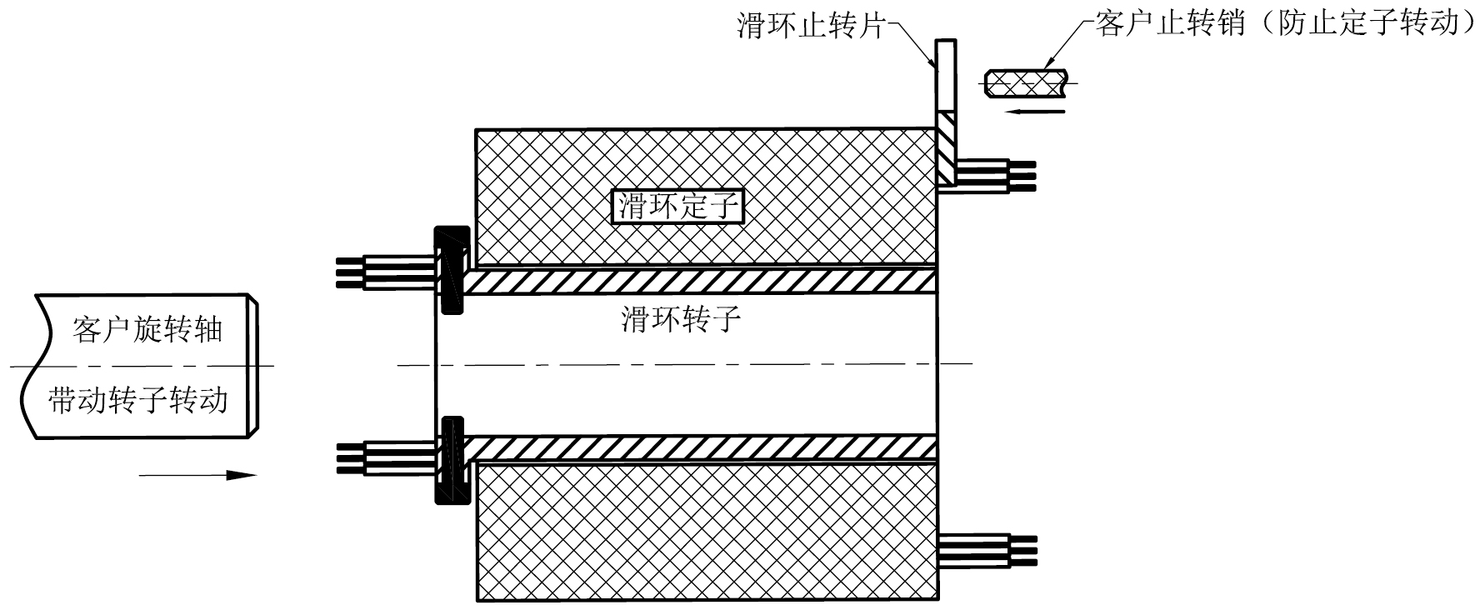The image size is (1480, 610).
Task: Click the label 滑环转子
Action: click(x=681, y=318)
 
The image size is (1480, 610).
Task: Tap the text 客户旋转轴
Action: click(x=147, y=330)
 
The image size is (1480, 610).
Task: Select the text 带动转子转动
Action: click(x=138, y=400)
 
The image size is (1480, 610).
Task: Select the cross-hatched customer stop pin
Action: click(x=1026, y=83)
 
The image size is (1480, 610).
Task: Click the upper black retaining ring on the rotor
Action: click(x=451, y=269)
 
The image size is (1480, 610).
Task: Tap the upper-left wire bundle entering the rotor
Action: click(x=385, y=272)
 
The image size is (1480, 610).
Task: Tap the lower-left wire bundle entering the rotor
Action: click(x=385, y=458)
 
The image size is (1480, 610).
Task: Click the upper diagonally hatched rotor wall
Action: click(x=700, y=281)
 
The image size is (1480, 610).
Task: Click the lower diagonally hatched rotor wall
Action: click(x=700, y=447)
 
